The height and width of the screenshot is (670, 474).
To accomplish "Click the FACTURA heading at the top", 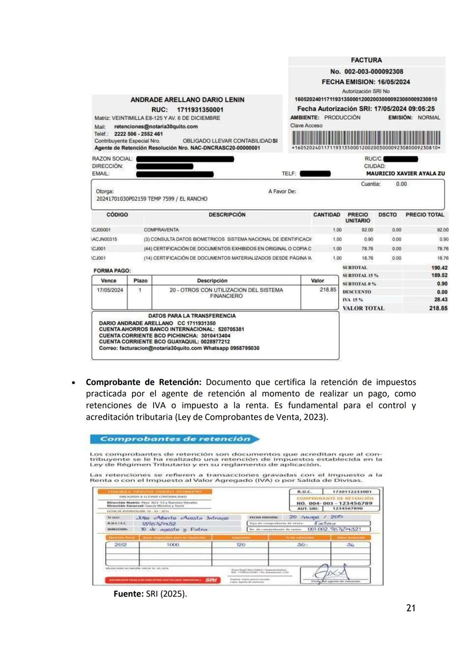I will point(366,60).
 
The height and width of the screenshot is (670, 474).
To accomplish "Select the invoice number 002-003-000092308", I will point(373,72).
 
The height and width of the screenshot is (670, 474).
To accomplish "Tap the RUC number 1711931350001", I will point(200,110).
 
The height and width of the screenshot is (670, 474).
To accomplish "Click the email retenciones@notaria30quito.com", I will point(156,126).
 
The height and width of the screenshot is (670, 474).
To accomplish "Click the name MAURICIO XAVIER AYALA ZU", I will point(405,173).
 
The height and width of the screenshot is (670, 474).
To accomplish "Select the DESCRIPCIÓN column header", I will point(227,215).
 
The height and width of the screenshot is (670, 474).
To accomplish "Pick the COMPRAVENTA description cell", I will point(161,230).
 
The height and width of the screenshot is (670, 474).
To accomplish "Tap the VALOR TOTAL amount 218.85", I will point(438,308).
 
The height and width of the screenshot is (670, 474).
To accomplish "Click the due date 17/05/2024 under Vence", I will point(110,290).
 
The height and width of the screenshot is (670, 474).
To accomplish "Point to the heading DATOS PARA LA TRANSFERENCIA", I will point(192,316).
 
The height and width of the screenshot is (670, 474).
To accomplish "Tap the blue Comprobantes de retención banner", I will point(175,439).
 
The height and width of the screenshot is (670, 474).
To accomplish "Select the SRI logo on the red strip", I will point(211,580).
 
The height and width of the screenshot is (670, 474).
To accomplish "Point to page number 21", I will point(411,608).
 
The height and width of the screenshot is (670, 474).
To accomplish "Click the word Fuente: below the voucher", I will point(129,594).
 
